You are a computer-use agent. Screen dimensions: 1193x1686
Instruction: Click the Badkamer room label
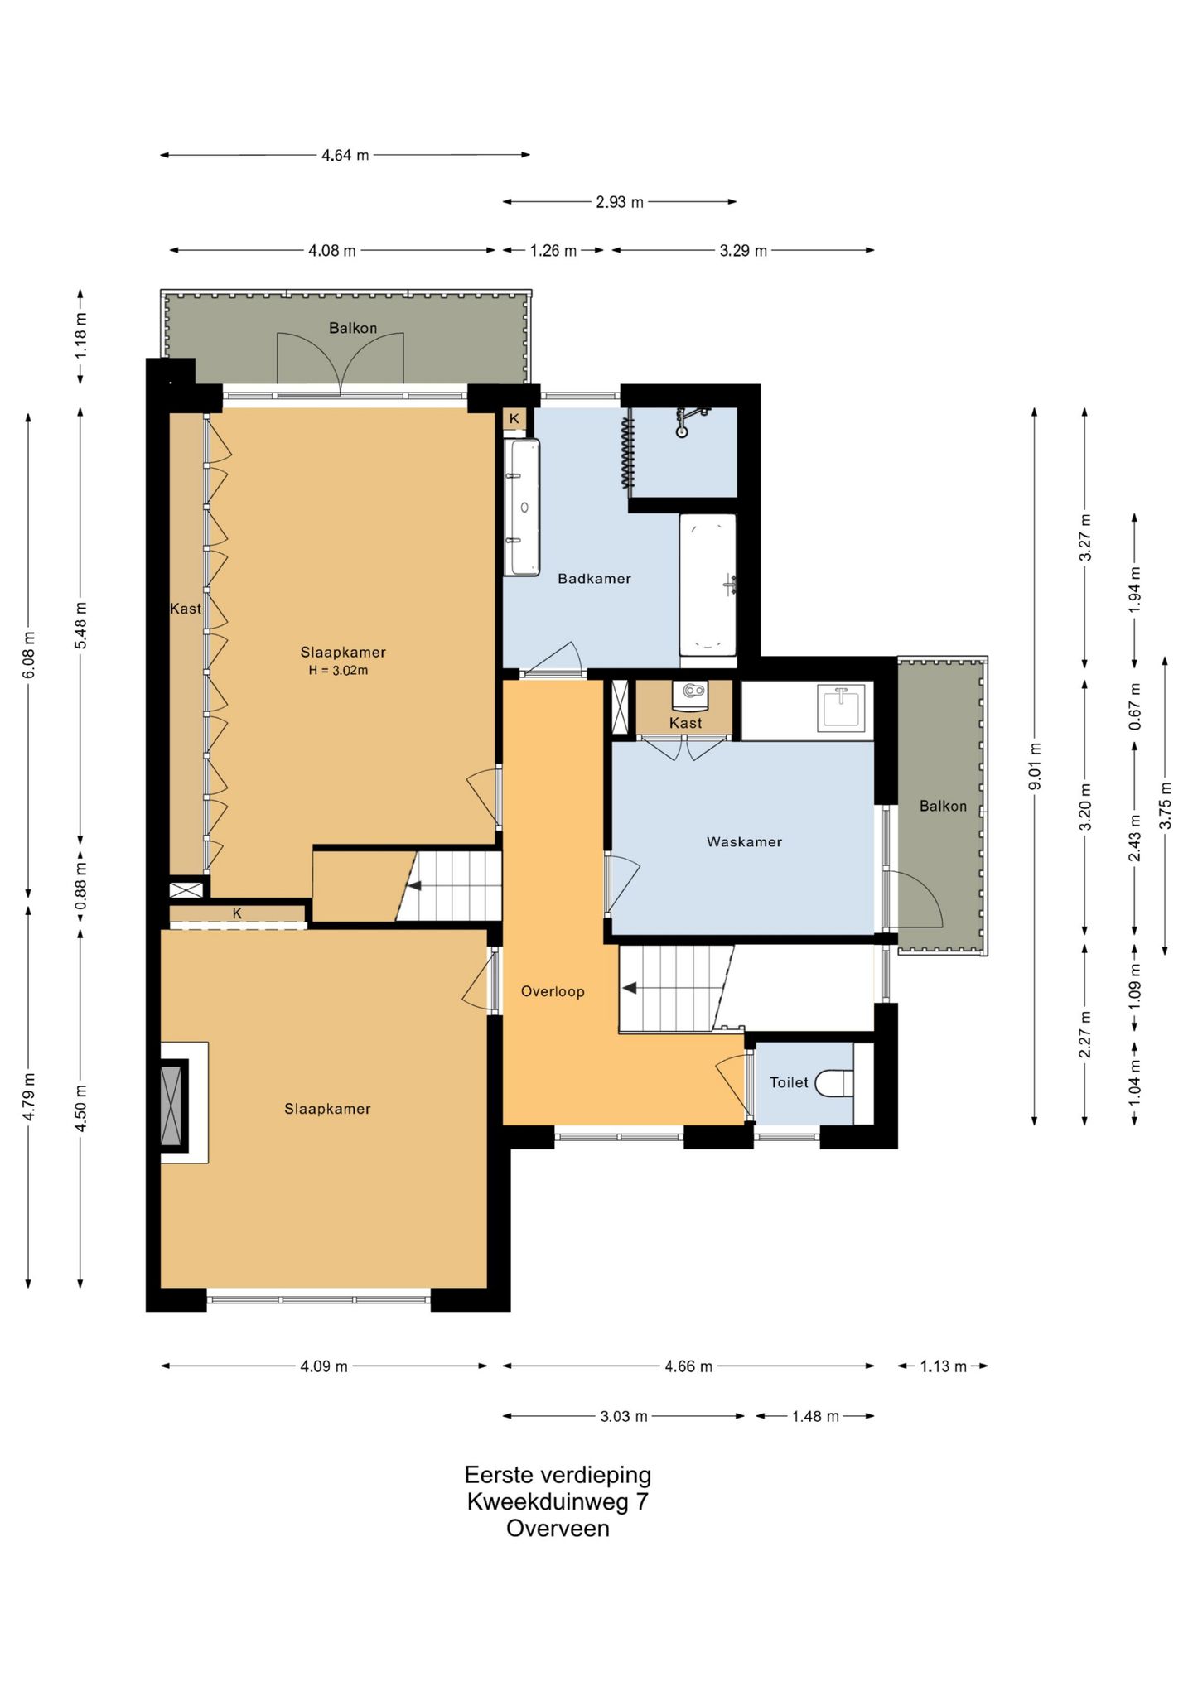(594, 579)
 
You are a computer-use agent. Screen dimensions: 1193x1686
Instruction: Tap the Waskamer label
(744, 842)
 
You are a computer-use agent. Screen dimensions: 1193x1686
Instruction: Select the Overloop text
(553, 991)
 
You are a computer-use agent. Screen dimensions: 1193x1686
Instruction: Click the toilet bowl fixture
(834, 1083)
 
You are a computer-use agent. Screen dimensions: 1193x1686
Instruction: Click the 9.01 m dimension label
(1035, 766)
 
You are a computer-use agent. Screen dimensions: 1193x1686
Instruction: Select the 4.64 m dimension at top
(345, 155)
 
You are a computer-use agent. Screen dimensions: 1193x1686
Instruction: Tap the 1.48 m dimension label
(815, 1416)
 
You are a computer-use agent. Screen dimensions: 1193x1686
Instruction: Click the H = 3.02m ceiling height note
(338, 671)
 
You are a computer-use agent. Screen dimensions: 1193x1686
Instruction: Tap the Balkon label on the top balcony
(353, 328)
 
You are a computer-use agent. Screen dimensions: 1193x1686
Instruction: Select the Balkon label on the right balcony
(943, 806)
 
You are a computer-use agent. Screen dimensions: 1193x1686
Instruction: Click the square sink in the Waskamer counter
(840, 708)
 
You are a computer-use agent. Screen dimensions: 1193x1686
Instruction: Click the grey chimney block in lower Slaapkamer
(174, 1103)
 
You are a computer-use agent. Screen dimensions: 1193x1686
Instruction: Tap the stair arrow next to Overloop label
(630, 988)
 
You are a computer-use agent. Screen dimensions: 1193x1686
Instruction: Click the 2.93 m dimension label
(620, 202)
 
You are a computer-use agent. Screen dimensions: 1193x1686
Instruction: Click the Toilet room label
(789, 1082)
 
